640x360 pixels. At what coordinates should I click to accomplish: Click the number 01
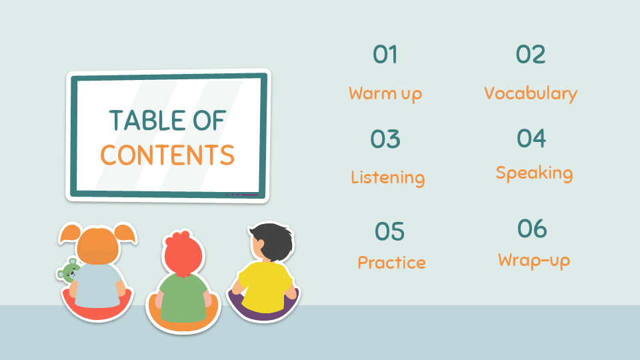point(385,55)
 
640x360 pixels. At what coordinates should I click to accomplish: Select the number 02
point(531,55)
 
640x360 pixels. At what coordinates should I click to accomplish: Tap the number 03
point(385,139)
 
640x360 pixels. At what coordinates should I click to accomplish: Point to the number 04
point(531,138)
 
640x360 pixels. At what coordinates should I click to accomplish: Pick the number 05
point(390,231)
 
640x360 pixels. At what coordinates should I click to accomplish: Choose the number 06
point(532,228)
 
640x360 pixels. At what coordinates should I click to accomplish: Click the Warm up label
point(385,94)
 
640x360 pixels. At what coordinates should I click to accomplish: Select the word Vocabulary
point(531,93)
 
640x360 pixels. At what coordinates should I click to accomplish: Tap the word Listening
point(388,178)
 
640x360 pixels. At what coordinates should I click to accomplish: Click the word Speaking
point(534,173)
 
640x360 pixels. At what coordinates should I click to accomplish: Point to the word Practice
point(392,263)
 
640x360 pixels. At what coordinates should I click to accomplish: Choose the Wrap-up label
point(534,261)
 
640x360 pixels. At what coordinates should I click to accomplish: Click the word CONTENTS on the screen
point(167,155)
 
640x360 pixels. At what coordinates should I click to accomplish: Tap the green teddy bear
point(68,271)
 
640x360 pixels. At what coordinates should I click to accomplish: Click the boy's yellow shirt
point(266,287)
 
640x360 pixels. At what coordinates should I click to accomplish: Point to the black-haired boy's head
point(271,241)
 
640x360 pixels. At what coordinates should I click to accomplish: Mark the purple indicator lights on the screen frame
point(243,195)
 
